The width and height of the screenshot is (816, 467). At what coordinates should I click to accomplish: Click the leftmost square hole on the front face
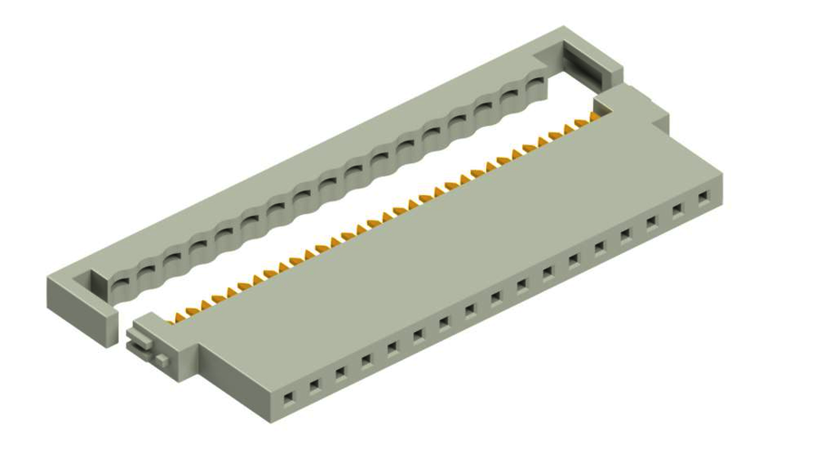pos(288,397)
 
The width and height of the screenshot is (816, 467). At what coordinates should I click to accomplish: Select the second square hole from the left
pos(314,385)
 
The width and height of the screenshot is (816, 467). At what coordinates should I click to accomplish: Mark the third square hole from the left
pos(340,373)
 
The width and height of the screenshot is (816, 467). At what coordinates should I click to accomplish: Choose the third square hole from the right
pos(651,222)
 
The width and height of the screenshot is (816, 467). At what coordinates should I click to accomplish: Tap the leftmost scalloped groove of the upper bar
pos(118,283)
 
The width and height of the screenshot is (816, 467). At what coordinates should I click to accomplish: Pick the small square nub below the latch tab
pos(160,360)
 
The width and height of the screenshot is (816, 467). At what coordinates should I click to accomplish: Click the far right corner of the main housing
pos(722,201)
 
